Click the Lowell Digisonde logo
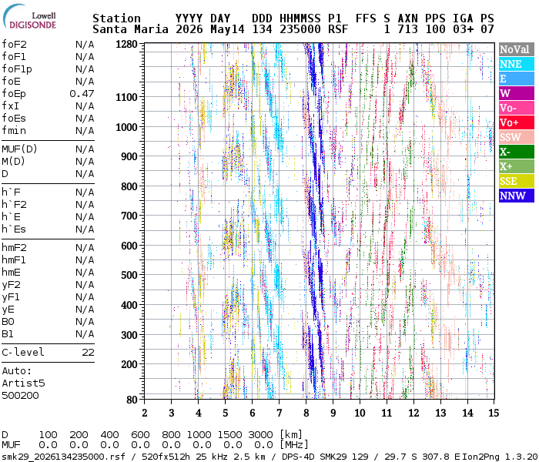click(x=29, y=17)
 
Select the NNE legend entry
click(x=517, y=64)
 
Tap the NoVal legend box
click(x=517, y=49)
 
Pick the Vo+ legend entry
click(x=517, y=122)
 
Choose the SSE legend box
click(x=517, y=181)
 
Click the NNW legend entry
click(x=517, y=196)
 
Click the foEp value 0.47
click(x=82, y=93)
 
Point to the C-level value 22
click(x=88, y=353)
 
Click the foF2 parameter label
click(x=14, y=45)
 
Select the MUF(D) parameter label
click(x=19, y=149)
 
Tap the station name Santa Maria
click(x=130, y=29)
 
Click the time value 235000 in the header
click(x=300, y=29)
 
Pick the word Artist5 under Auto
click(x=23, y=383)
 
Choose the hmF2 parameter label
click(x=14, y=247)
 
